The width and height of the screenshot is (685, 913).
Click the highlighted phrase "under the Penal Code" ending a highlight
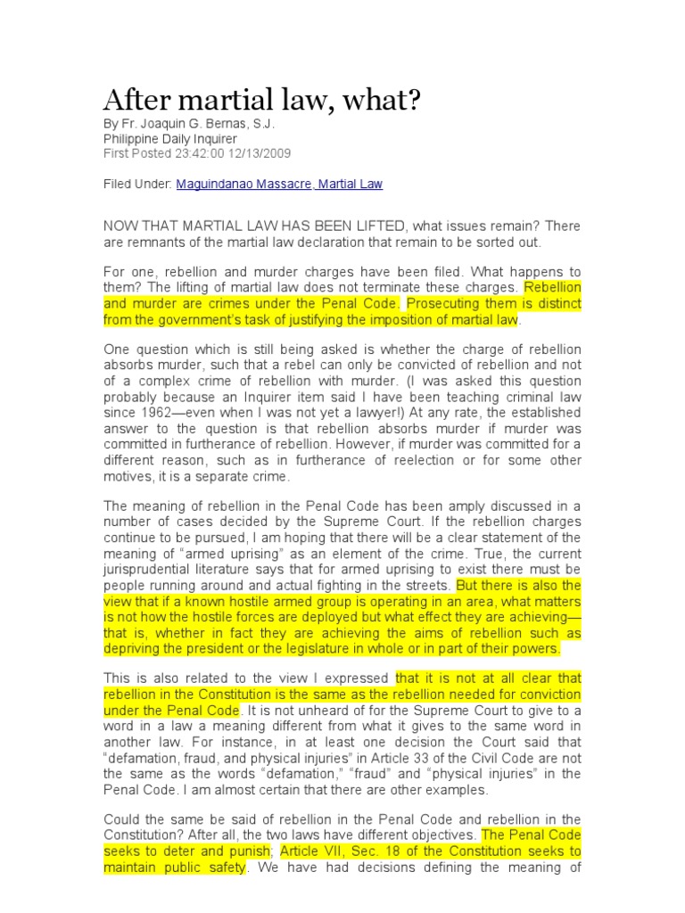[171, 711]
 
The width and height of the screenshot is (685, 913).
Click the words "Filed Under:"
[137, 185]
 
